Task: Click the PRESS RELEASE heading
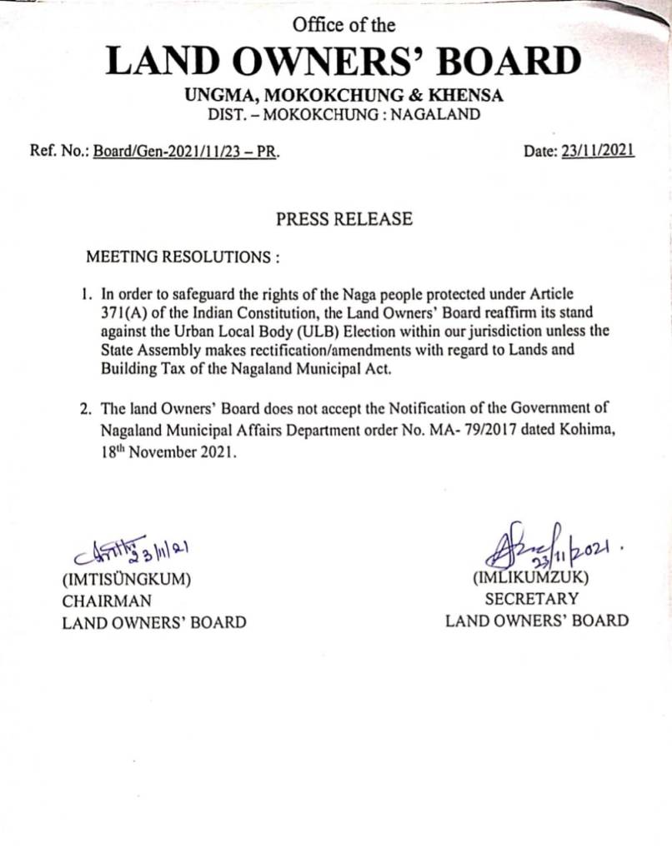click(x=344, y=219)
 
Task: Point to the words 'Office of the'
click(x=344, y=25)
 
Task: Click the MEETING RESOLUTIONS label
click(x=183, y=257)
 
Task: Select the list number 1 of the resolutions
click(x=86, y=294)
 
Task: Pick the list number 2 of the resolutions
click(x=85, y=409)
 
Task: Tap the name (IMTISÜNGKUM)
click(x=127, y=580)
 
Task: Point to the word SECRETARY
click(x=531, y=598)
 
